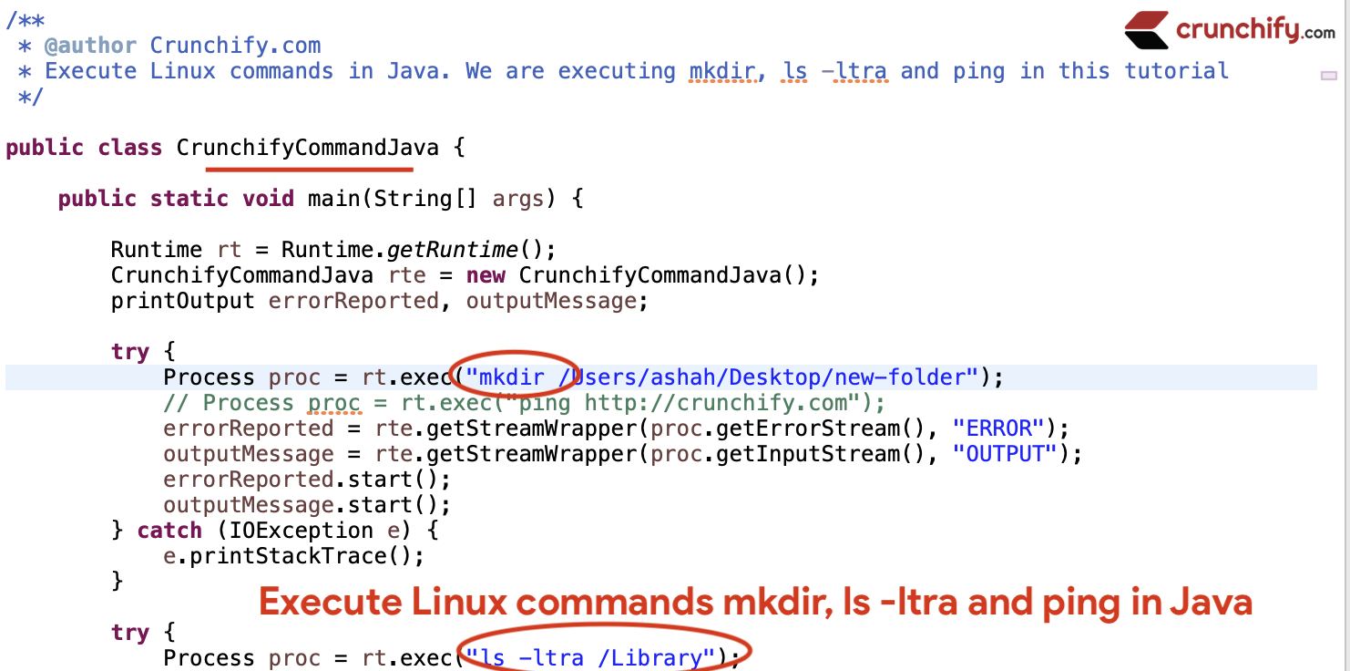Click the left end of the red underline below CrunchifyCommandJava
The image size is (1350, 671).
pos(206,170)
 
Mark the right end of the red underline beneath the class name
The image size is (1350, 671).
pos(413,170)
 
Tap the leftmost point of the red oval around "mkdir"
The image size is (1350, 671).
pos(450,371)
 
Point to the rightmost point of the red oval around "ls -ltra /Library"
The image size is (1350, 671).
pos(752,650)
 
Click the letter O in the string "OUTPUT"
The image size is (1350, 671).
pos(973,454)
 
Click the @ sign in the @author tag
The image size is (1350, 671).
pos(52,46)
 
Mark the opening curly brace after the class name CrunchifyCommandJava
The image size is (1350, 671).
pos(459,148)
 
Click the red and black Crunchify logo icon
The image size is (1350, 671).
pos(1147,30)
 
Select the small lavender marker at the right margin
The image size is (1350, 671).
pos(1329,76)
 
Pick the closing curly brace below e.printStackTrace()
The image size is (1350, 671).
pos(117,581)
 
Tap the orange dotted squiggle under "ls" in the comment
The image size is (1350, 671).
pos(793,80)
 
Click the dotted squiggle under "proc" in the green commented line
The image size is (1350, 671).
pos(335,413)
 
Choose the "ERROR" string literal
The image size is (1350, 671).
pos(998,428)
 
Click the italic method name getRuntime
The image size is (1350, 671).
pos(452,250)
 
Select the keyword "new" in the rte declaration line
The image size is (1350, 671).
pos(486,275)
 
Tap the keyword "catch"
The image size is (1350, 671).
pos(169,531)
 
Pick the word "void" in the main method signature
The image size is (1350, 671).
pos(268,199)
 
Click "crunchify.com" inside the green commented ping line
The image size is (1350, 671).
pos(762,403)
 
